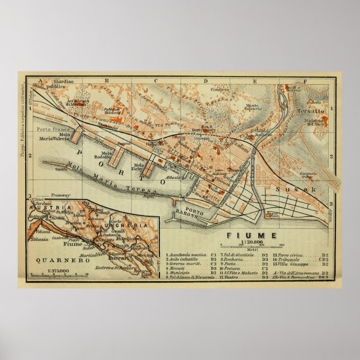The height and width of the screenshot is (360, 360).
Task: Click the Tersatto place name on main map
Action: click(x=307, y=110)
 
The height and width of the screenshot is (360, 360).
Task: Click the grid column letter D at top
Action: click(x=205, y=81)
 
